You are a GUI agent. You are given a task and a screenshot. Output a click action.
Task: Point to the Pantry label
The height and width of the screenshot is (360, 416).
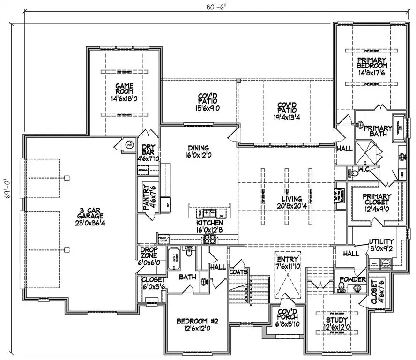pyautogui.click(x=146, y=196)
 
